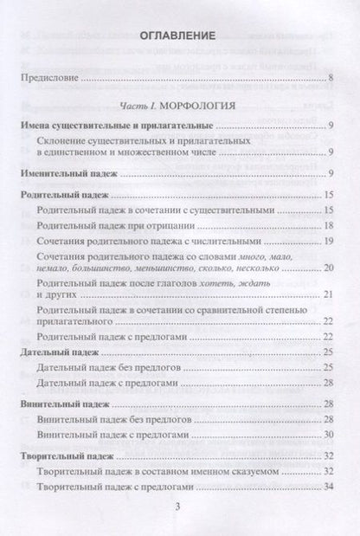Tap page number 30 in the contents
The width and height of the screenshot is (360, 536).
(328, 433)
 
